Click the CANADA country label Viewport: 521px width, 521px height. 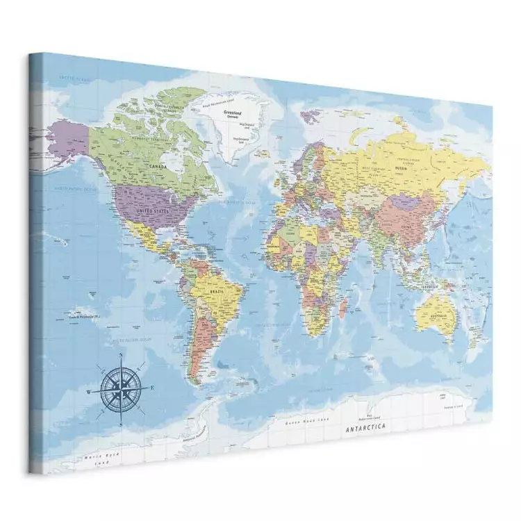[158, 167]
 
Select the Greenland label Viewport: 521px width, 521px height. [231, 111]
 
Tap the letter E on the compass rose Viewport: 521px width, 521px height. [152, 389]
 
